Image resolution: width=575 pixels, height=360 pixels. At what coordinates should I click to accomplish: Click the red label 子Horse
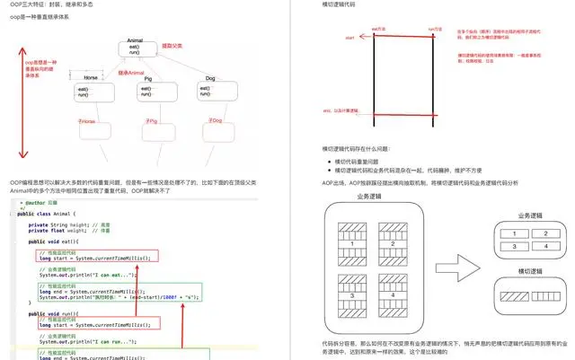point(88,119)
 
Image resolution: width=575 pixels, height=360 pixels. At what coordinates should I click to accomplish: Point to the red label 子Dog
point(216,119)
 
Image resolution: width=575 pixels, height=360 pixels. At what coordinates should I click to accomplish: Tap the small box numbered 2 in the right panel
point(541,233)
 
